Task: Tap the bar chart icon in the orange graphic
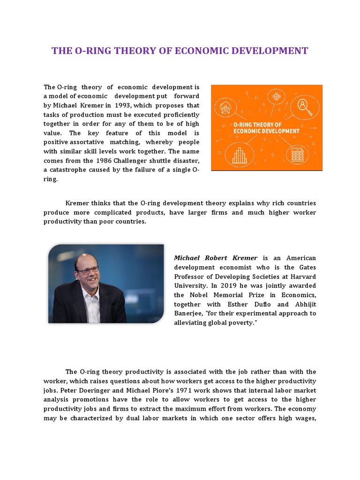pyautogui.click(x=239, y=155)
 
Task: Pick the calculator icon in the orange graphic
pyautogui.click(x=297, y=155)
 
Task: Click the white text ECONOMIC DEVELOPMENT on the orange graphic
pyautogui.click(x=266, y=131)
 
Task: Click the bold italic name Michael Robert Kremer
pyautogui.click(x=216, y=258)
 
